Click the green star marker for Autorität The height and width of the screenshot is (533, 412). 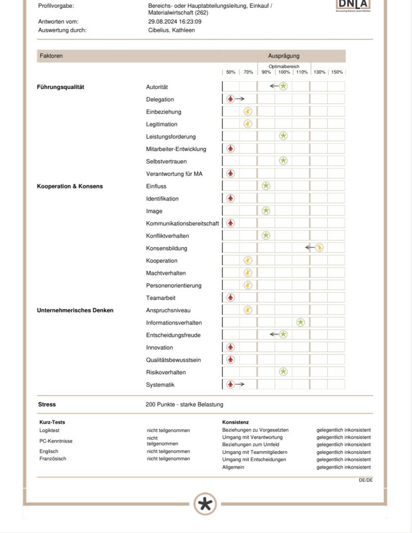point(283,86)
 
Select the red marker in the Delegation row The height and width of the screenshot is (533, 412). point(231,99)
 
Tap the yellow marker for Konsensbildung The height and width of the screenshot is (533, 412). point(319,248)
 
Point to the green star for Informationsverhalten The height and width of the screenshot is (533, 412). point(301,322)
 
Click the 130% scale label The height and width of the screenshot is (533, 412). point(319,72)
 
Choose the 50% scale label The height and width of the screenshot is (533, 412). point(231,72)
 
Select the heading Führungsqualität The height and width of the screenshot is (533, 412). point(60,87)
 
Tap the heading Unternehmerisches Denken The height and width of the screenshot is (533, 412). point(75,310)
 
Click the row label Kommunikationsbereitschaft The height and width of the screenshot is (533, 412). point(182,223)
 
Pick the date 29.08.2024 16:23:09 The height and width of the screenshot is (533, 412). point(174,22)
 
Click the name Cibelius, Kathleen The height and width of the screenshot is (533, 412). point(171,30)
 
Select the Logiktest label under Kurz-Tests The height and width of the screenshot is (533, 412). point(49,430)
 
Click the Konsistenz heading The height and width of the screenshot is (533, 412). point(235,422)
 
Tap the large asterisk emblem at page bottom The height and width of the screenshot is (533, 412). point(206,504)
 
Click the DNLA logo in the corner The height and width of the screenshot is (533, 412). point(353,5)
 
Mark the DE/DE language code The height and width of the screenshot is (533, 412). point(366,480)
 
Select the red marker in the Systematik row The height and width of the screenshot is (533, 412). point(231,384)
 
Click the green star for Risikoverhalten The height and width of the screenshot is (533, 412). point(283,372)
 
